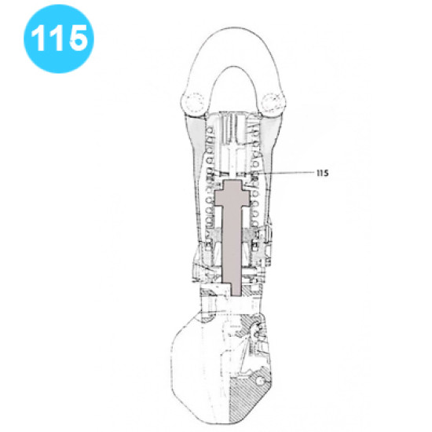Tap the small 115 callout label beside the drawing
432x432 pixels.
pos(322,172)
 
